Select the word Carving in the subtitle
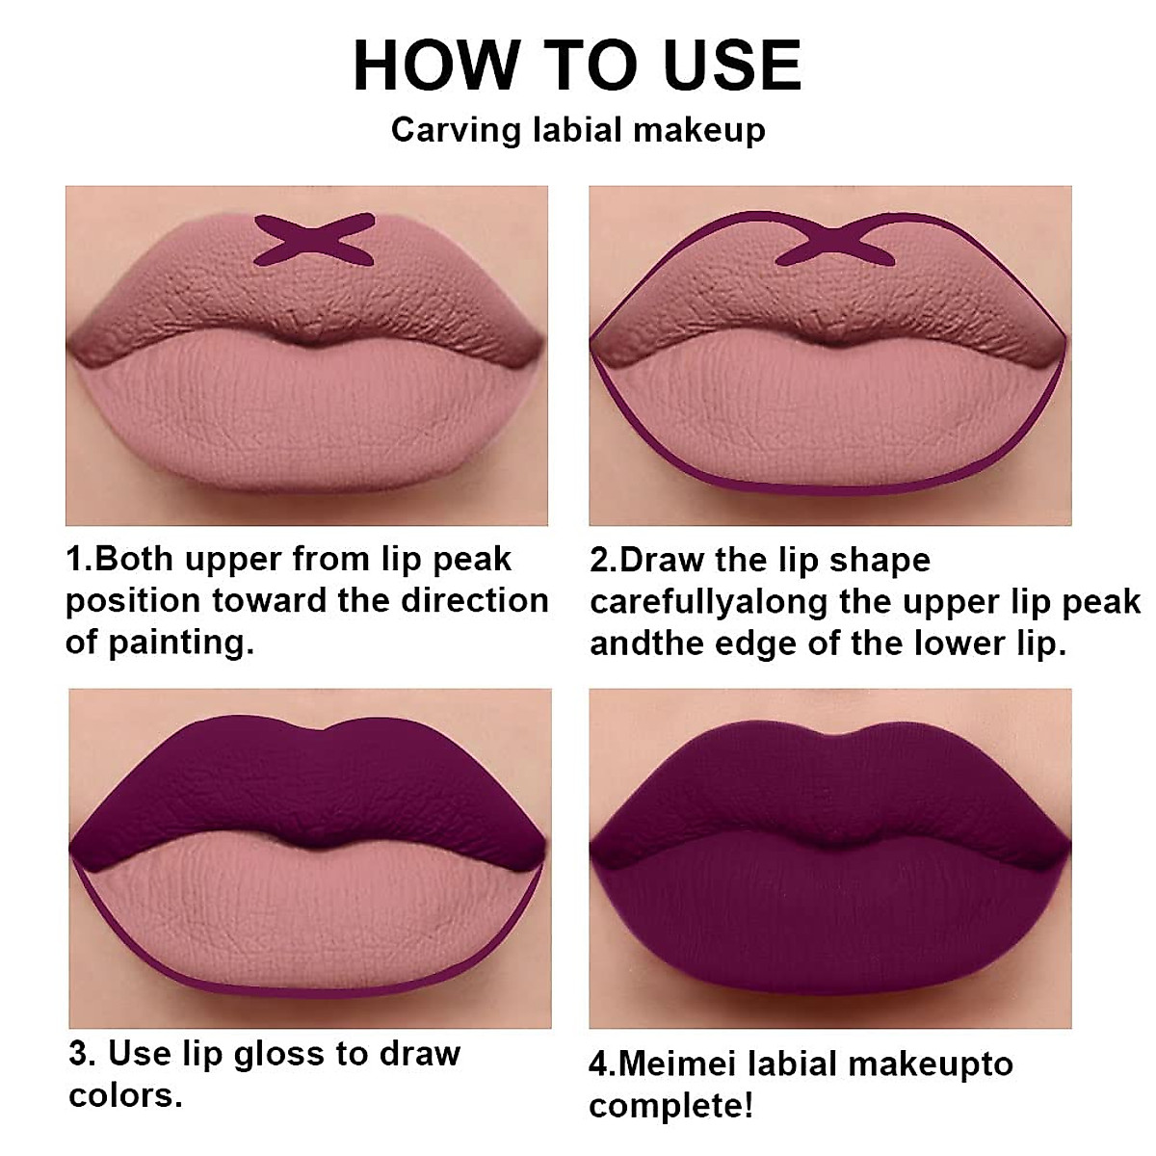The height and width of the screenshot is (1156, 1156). (457, 130)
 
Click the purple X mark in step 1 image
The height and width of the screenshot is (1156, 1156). (314, 240)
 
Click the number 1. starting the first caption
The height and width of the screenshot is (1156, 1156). (80, 559)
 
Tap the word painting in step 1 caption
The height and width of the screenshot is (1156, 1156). (180, 642)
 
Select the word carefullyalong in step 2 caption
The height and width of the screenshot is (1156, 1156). (709, 602)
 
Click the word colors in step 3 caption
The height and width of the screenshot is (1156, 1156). (125, 1095)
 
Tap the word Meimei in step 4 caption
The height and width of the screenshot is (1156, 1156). (679, 1064)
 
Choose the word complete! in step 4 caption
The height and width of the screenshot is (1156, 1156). (671, 1106)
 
